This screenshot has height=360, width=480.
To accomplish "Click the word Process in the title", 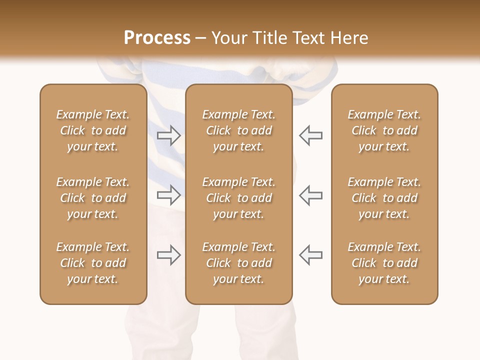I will pyautogui.click(x=157, y=38).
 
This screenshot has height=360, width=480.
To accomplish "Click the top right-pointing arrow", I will pyautogui.click(x=169, y=135).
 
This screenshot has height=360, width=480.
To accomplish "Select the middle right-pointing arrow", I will pyautogui.click(x=169, y=194).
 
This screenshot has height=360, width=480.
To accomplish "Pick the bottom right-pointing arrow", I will pyautogui.click(x=169, y=255).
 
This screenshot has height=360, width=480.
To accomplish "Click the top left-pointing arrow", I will pyautogui.click(x=310, y=135).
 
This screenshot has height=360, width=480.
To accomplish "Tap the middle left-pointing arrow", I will pyautogui.click(x=310, y=194).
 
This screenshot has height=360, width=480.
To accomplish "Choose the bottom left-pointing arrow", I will pyautogui.click(x=310, y=255).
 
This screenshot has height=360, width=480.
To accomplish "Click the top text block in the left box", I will pyautogui.click(x=93, y=130).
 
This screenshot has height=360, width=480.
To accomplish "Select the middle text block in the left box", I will pyautogui.click(x=93, y=198).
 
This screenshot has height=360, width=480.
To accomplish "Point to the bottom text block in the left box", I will pyautogui.click(x=93, y=263).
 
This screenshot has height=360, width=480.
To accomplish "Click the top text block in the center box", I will pyautogui.click(x=238, y=130).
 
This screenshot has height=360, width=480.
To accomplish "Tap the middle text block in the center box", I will pyautogui.click(x=238, y=198).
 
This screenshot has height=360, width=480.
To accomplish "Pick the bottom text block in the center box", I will pyautogui.click(x=238, y=263).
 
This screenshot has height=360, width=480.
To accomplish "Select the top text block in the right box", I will pyautogui.click(x=384, y=130).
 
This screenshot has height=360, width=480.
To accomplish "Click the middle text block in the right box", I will pyautogui.click(x=384, y=198).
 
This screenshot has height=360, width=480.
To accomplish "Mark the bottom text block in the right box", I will pyautogui.click(x=384, y=263).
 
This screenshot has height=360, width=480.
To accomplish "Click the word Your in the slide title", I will pyautogui.click(x=228, y=38).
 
